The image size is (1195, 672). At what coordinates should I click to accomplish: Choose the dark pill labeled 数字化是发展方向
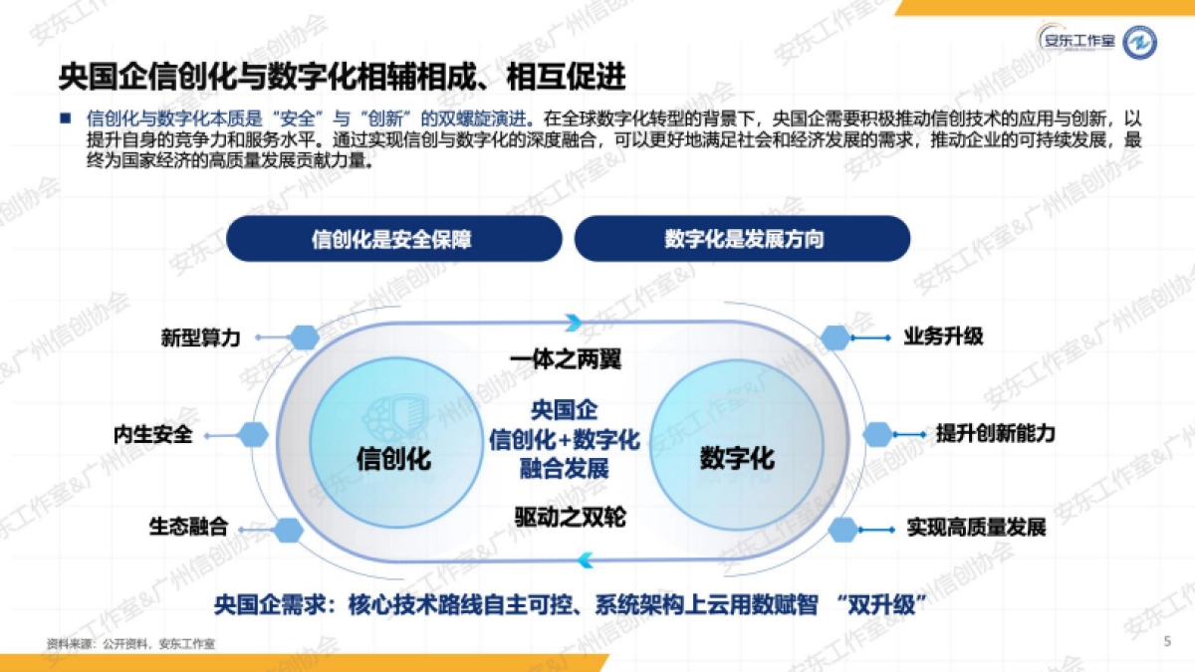[x=743, y=239]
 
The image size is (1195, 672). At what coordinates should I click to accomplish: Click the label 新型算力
[x=200, y=337]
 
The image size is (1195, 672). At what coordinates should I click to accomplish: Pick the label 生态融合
[x=188, y=527]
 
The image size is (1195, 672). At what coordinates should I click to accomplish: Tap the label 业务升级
[x=943, y=336]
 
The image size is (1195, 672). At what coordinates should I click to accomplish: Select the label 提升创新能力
[x=995, y=434]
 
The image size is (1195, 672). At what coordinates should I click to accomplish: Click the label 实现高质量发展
[x=976, y=528]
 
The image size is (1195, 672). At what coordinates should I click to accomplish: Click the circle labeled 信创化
[x=393, y=458]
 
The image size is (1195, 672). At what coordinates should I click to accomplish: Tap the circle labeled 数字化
[x=737, y=458]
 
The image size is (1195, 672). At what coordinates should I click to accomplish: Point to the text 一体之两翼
[x=565, y=359]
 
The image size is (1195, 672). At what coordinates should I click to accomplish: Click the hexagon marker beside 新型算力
[x=302, y=337]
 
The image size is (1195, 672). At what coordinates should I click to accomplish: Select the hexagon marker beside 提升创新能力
[x=877, y=434]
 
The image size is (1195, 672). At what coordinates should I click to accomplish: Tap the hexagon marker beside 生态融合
[x=288, y=530]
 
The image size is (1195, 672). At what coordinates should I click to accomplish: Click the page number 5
[x=1167, y=642]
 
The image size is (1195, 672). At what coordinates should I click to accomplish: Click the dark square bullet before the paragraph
[x=66, y=117]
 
